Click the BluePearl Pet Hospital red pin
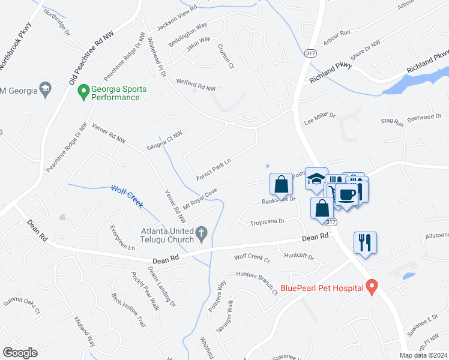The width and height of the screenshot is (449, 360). pyautogui.click(x=372, y=287)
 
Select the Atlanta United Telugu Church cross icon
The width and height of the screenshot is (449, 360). pyautogui.click(x=202, y=233)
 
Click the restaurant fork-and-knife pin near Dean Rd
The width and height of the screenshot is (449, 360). pyautogui.click(x=364, y=242)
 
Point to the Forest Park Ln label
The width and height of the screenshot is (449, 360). pyautogui.click(x=214, y=169)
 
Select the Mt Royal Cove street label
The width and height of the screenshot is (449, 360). pyautogui.click(x=199, y=197)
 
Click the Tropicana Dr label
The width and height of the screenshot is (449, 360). pyautogui.click(x=267, y=222)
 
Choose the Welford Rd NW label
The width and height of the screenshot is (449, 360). pyautogui.click(x=195, y=85)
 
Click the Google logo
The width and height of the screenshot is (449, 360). pyautogui.click(x=20, y=353)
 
